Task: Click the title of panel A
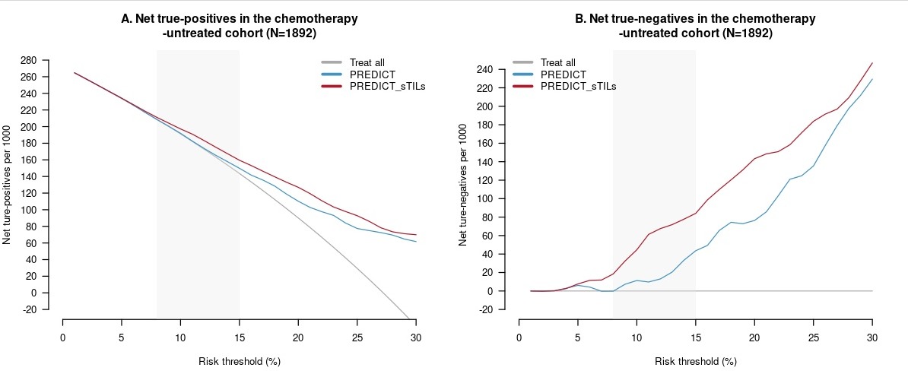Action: [x=240, y=26]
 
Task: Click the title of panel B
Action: [x=696, y=26]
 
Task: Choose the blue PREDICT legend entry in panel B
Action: [x=563, y=74]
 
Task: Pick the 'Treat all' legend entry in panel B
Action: [x=557, y=62]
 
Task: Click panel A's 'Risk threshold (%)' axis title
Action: [x=240, y=361]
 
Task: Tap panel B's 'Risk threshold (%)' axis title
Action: [x=696, y=361]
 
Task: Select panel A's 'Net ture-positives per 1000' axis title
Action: [x=8, y=185]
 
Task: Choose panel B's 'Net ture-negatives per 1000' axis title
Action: [x=463, y=185]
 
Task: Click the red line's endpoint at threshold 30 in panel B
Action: [x=871, y=63]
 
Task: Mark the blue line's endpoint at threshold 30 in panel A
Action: [x=415, y=242]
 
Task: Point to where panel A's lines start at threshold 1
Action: [x=75, y=73]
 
